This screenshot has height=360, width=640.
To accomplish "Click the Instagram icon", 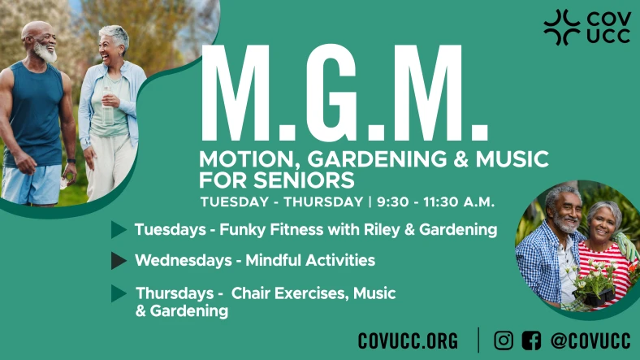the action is coord(504,340).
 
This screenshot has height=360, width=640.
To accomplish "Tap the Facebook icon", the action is coord(531,340).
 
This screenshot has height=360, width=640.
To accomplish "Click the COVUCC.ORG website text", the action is coord(408,340).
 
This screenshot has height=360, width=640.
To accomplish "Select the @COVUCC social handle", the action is coord(590,340).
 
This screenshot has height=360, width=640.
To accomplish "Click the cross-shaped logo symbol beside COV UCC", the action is coord(562,28).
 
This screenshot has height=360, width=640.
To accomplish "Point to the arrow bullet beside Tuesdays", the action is coord(119,230).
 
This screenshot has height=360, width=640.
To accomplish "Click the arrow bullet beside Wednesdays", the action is coord(119,261).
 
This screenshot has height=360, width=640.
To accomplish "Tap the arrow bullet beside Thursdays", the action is coord(119,293).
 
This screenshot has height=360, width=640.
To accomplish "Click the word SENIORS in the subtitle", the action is coord(304,180).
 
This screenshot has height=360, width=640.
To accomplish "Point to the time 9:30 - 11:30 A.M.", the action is coord(435,202).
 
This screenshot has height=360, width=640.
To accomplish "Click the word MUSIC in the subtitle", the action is coord(512,158).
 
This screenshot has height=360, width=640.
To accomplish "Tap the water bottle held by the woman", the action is coord(108,106).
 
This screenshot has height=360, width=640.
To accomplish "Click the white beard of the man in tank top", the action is coord(45,53).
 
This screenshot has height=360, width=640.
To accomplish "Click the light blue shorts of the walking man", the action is coord(32,184).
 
